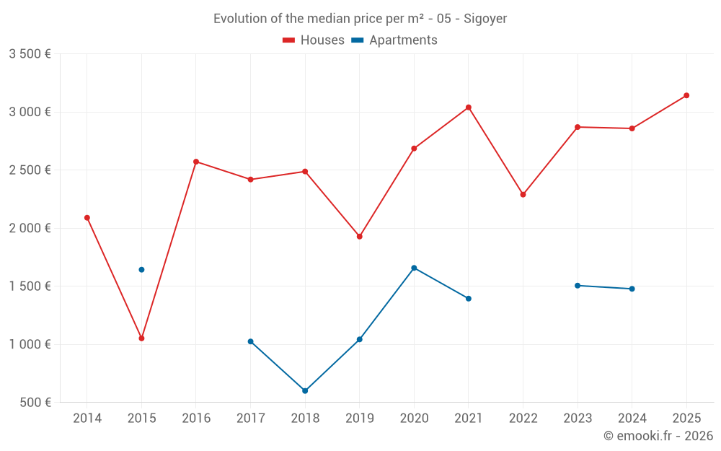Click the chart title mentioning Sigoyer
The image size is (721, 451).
tap(360, 19)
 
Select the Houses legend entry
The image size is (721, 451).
tap(314, 40)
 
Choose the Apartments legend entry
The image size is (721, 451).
tap(394, 40)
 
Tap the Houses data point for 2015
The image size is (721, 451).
tap(141, 338)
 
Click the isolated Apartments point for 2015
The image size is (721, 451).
tap(141, 270)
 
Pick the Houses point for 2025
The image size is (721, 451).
tap(686, 95)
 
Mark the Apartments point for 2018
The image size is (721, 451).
tap(305, 391)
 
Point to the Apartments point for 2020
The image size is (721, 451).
tap(414, 268)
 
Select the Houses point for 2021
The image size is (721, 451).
tap(469, 108)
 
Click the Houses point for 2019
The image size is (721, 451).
tap(360, 237)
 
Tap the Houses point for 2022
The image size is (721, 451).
tap(523, 195)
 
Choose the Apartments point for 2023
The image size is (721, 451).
tap(578, 286)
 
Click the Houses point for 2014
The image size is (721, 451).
tap(87, 218)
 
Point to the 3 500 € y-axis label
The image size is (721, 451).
tap(30, 54)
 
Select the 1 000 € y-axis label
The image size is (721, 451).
tap(30, 344)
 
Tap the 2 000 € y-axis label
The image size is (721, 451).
tap(30, 228)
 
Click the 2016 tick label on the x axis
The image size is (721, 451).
tap(196, 419)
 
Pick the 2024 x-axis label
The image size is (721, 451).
tap(632, 419)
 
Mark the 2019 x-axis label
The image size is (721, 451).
tap(360, 419)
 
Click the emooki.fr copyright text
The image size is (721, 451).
tap(658, 436)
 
